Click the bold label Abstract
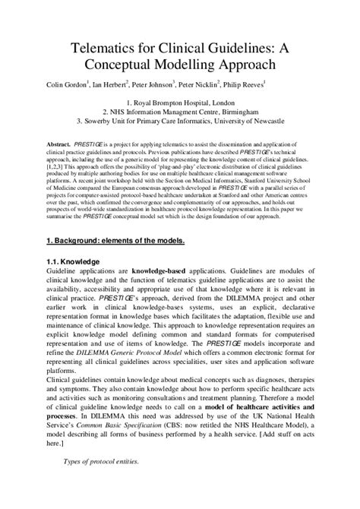[59, 142]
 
